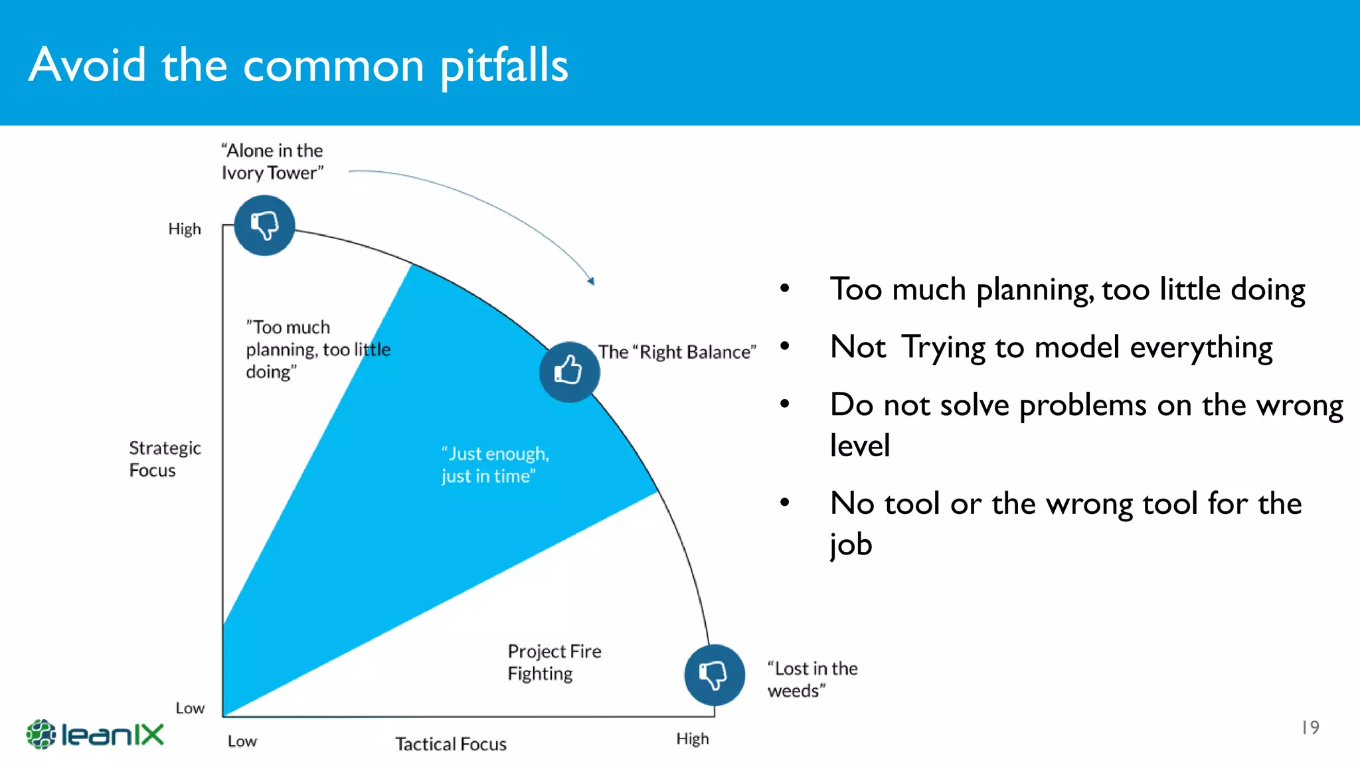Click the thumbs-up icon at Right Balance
[x=569, y=371]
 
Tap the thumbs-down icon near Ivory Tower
[x=264, y=225]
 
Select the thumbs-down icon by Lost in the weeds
[x=715, y=675]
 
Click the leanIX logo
[x=95, y=734]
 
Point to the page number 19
[x=1310, y=728]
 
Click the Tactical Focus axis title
[x=451, y=744]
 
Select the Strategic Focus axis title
[x=165, y=459]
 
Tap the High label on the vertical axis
[x=184, y=229]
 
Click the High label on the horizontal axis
[x=692, y=739]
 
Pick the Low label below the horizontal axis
[x=242, y=741]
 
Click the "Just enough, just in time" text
[x=495, y=465]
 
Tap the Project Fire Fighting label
[x=554, y=662]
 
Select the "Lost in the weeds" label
[x=811, y=679]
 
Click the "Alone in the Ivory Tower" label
[x=272, y=161]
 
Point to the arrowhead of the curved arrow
[x=591, y=281]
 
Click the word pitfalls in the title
[x=504, y=66]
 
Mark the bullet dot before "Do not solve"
[x=784, y=404]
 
